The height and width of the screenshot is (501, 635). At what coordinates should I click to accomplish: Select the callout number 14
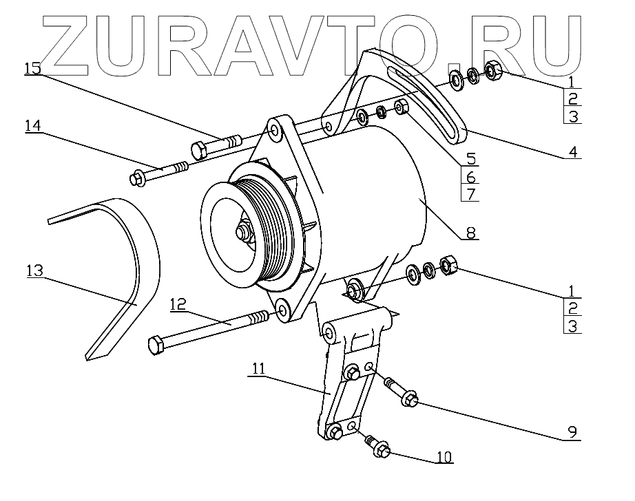(x=33, y=126)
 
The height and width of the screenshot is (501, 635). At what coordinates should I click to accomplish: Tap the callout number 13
(x=34, y=270)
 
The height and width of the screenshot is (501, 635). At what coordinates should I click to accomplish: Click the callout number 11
(x=258, y=369)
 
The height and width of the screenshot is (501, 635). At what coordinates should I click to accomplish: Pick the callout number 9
(x=572, y=432)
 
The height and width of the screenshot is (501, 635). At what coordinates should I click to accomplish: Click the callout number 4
(x=572, y=151)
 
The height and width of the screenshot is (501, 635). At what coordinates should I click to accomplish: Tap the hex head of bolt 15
(x=197, y=150)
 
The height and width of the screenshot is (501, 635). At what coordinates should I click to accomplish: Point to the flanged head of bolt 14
(x=136, y=179)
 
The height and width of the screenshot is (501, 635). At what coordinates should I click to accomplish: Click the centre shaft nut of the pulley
(x=243, y=234)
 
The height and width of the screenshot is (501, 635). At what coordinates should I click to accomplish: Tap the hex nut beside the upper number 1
(x=493, y=70)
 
